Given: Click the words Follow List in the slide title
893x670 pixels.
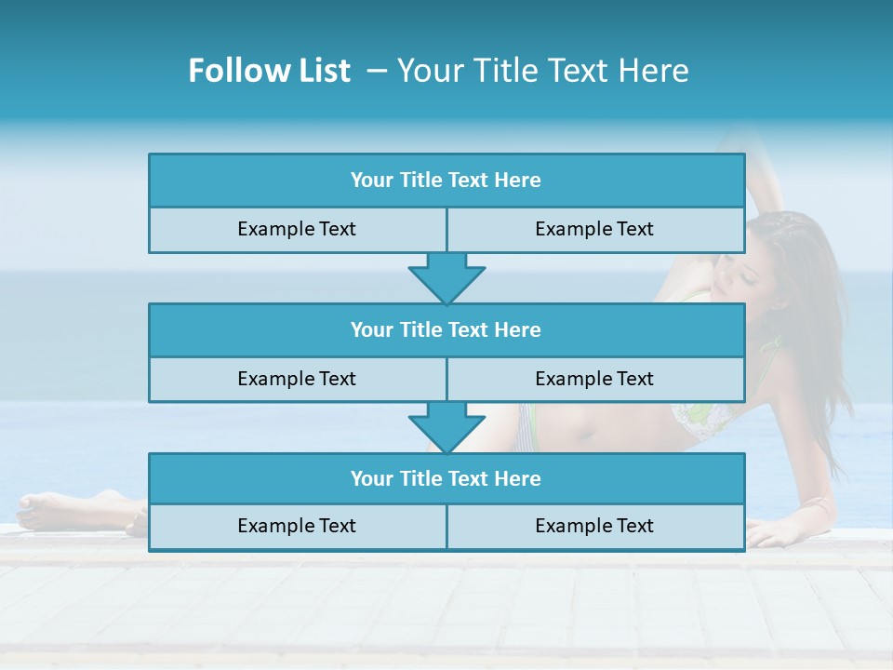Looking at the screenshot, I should click(x=269, y=71).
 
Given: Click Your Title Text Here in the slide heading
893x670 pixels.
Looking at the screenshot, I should click(x=542, y=71).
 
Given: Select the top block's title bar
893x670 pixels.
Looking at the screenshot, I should click(x=446, y=181).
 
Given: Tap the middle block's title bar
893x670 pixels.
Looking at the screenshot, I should click(x=446, y=329).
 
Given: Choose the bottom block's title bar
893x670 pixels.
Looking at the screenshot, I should click(x=446, y=478).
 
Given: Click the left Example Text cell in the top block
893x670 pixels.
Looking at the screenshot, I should click(x=297, y=229).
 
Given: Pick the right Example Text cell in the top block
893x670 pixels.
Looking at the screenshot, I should click(x=595, y=229).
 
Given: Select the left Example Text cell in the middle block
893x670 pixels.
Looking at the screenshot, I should click(x=297, y=379).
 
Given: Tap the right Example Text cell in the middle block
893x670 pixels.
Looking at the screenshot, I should click(x=595, y=379).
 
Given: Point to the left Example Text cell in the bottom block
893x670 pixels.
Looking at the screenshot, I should click(x=297, y=526).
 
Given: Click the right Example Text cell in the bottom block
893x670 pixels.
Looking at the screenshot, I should click(x=595, y=526).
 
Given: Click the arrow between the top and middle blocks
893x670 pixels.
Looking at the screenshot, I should click(x=446, y=278).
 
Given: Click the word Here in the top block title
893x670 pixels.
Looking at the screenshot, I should click(x=518, y=181).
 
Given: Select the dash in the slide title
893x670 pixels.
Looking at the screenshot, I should click(x=377, y=71).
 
